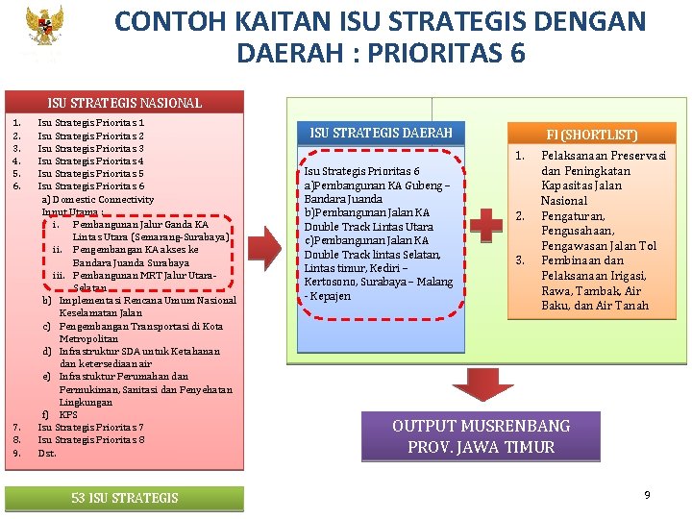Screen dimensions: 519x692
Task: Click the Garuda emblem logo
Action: [43, 30]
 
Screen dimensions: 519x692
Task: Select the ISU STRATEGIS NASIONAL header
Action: [125, 102]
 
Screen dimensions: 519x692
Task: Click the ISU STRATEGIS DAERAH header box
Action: [381, 132]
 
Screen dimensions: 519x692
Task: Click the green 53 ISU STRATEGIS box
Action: [125, 497]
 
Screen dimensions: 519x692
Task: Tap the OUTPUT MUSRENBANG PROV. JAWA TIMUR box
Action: [481, 436]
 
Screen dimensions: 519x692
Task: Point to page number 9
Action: [647, 494]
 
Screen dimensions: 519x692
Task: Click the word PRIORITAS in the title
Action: [420, 52]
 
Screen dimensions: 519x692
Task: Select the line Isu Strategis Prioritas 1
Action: [91, 123]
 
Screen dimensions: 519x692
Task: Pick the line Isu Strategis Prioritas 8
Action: [91, 440]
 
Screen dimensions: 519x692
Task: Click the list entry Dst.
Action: [47, 453]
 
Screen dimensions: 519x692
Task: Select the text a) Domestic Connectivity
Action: [97, 199]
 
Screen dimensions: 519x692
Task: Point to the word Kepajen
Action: [330, 296]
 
